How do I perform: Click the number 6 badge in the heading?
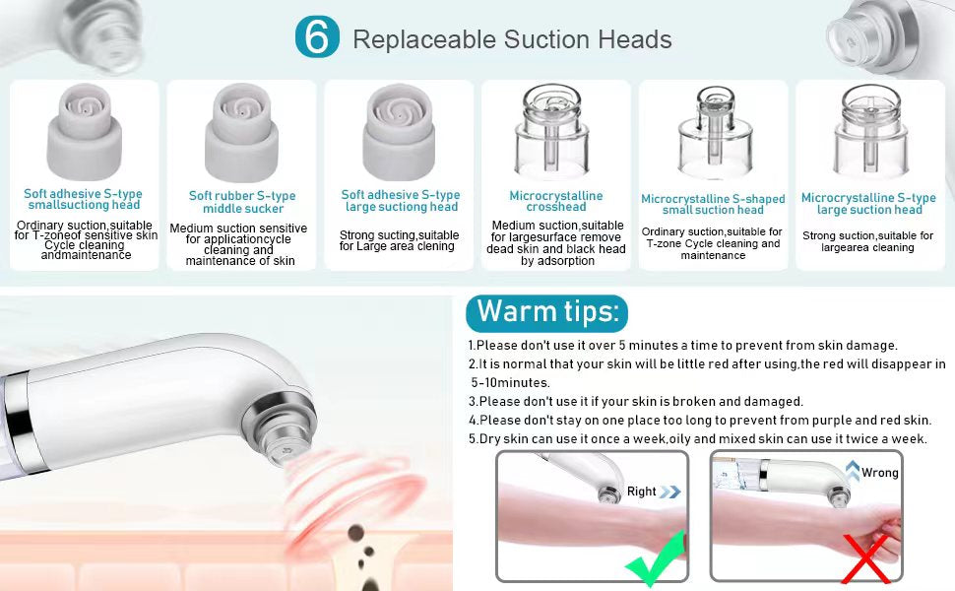coord(317,36)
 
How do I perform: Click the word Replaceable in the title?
coord(424,39)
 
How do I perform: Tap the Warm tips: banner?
coord(547,312)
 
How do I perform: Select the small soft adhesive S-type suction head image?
coord(85,132)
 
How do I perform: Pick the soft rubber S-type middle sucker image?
coord(242,132)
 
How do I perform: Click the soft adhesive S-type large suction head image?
coord(399,132)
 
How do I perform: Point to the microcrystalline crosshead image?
coord(552,130)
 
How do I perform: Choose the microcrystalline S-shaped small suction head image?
coord(716,130)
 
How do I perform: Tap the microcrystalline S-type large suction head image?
coord(871,130)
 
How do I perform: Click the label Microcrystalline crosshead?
coord(556,201)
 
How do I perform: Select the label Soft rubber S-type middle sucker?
coord(242,202)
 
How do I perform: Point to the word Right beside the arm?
coord(641,492)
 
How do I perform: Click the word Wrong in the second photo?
coord(879,473)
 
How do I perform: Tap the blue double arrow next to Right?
coord(670,492)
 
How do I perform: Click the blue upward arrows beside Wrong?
coord(853,471)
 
